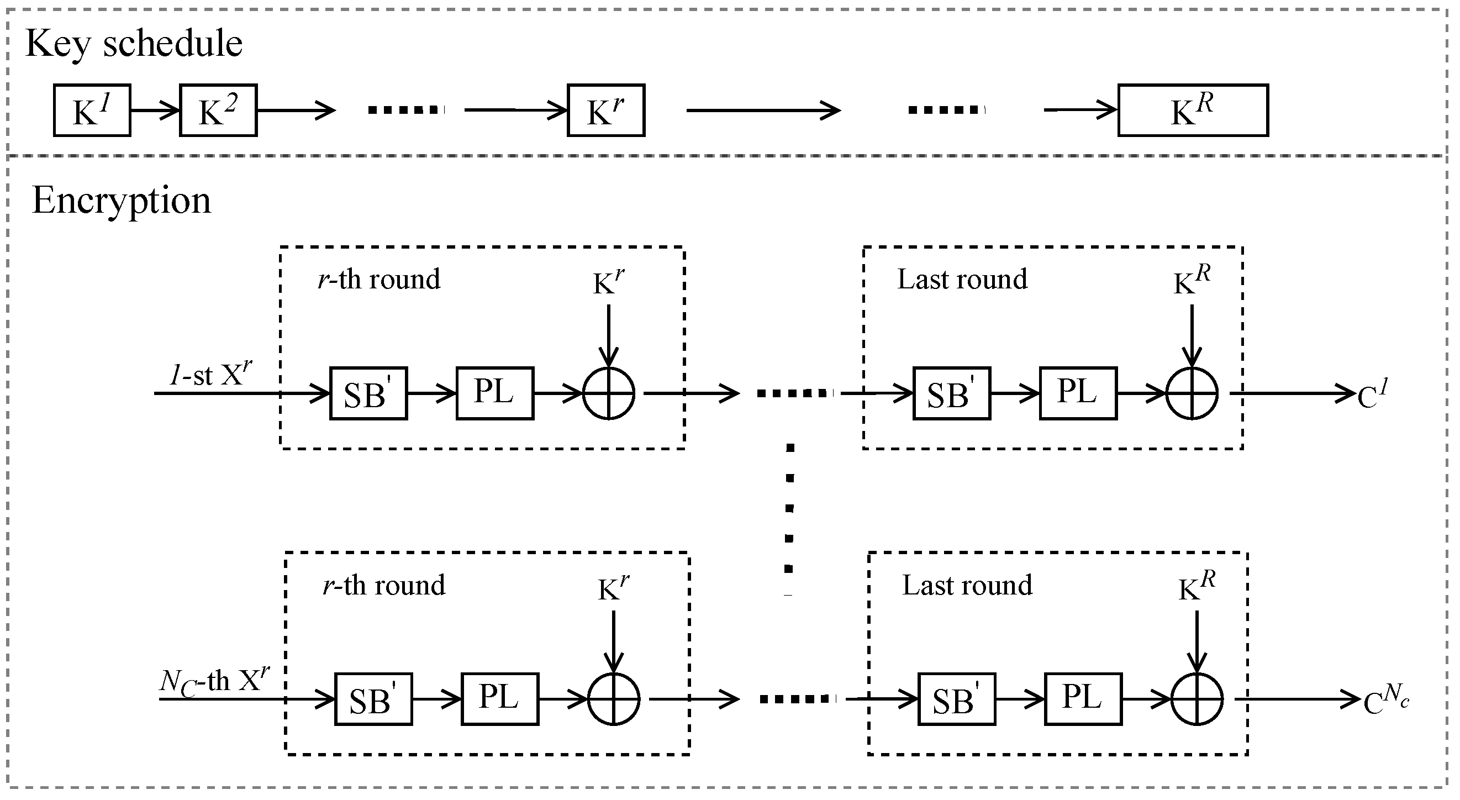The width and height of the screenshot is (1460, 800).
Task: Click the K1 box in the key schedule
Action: [92, 110]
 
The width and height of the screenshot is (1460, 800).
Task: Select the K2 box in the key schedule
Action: [218, 110]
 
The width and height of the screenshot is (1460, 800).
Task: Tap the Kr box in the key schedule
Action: [605, 110]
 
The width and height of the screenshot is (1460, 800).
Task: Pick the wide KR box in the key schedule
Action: [1193, 110]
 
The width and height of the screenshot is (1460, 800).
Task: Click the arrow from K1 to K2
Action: [155, 110]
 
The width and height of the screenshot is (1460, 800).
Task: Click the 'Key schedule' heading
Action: [134, 44]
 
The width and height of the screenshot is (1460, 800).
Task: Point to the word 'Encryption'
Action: [121, 200]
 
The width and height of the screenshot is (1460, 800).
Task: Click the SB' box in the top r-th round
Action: [368, 393]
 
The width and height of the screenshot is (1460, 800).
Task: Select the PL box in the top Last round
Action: [1077, 393]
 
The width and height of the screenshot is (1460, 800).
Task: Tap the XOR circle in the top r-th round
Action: [609, 393]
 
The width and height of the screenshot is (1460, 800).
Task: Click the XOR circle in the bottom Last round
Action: [1197, 699]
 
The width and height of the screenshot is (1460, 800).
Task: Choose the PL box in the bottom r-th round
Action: [499, 699]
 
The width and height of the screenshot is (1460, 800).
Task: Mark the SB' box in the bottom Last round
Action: [956, 699]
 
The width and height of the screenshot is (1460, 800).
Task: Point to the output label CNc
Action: [1385, 701]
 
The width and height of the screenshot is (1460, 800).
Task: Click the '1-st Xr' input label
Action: [210, 374]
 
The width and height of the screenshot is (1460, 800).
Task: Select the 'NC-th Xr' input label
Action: [214, 680]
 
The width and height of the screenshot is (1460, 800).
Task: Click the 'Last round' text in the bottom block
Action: [967, 585]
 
